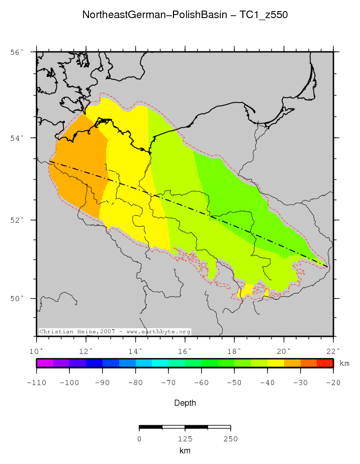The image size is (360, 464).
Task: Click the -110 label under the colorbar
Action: (x=36, y=383)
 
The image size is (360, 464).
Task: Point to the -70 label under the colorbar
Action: (x=168, y=383)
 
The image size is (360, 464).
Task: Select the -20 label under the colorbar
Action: (x=333, y=383)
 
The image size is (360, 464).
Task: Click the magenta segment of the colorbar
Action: (x=45, y=363)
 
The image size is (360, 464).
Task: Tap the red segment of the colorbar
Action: (x=325, y=363)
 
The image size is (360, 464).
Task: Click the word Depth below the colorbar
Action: (x=185, y=403)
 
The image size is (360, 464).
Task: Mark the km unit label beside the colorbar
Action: (x=344, y=363)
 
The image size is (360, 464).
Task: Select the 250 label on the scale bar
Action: (x=230, y=439)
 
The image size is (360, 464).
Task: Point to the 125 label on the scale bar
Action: (x=185, y=439)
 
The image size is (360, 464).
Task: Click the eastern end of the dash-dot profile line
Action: (x=328, y=266)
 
